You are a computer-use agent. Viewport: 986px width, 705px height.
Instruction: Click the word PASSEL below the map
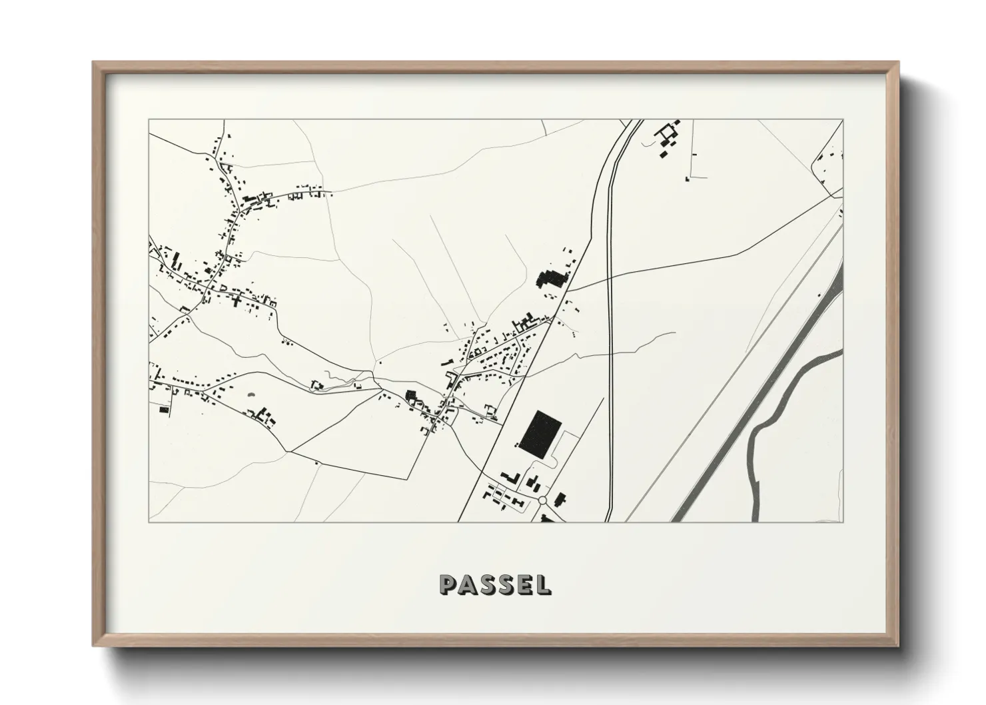[x=495, y=584]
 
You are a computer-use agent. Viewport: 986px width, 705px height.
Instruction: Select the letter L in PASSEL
[x=544, y=584]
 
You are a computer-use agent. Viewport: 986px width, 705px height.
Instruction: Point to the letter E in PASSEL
[x=524, y=584]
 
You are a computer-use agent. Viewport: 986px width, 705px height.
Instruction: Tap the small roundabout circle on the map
[x=542, y=500]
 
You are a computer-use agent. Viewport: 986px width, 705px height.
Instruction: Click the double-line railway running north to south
[x=610, y=333]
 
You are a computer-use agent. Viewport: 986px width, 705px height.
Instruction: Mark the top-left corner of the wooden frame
[x=94, y=63]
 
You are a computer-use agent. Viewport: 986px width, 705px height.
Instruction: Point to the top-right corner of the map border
[x=843, y=120]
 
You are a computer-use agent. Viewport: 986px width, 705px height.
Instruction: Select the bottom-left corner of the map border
[x=149, y=522]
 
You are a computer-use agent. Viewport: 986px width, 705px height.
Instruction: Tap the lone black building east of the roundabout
[x=560, y=498]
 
